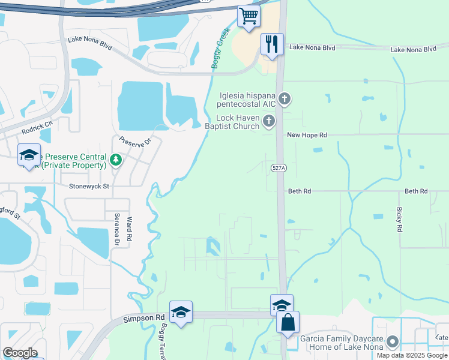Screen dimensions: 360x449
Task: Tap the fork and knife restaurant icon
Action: point(272,44)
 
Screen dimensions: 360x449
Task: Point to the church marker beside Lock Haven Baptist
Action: point(269,122)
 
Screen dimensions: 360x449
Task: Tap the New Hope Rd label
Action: point(307,136)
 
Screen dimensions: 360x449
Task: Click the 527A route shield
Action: point(279,169)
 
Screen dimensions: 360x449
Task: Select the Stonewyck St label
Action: point(89,187)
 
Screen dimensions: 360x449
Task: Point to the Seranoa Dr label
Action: point(118,230)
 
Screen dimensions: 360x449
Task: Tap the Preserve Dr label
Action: point(133,145)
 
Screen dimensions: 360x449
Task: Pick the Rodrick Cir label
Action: point(37,124)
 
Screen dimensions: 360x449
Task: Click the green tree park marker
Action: point(116,160)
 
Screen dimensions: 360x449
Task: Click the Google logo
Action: point(20,353)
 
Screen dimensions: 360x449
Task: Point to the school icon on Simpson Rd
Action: point(181,312)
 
